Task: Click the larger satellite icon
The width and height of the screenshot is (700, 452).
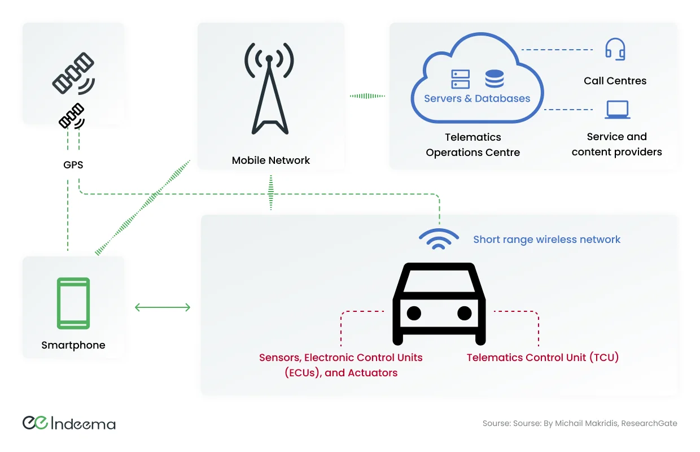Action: pyautogui.click(x=73, y=73)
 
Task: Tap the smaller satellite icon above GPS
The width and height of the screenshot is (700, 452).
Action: pyautogui.click(x=72, y=116)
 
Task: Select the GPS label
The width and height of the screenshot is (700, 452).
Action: pyautogui.click(x=73, y=165)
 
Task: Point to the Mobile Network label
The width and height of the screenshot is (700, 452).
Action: pyautogui.click(x=271, y=160)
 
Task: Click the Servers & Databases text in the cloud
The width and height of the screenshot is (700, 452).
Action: pyautogui.click(x=477, y=98)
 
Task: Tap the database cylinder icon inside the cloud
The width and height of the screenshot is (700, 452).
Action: pyautogui.click(x=494, y=79)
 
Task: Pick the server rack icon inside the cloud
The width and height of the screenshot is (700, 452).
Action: pyautogui.click(x=460, y=79)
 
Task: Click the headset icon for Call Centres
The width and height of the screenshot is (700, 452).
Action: pyautogui.click(x=615, y=49)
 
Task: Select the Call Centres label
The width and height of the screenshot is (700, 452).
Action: pyautogui.click(x=615, y=81)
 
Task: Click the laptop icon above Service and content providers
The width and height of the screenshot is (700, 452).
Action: pyautogui.click(x=617, y=110)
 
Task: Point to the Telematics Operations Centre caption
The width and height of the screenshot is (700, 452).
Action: pyautogui.click(x=473, y=145)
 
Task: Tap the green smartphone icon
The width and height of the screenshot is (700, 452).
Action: pyautogui.click(x=73, y=303)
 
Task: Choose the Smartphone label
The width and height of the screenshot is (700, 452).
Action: pyautogui.click(x=73, y=345)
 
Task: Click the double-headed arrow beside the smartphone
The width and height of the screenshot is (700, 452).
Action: pyautogui.click(x=163, y=307)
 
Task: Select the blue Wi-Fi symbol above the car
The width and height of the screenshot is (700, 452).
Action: pyautogui.click(x=439, y=240)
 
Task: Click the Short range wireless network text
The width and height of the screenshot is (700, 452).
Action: pyautogui.click(x=546, y=240)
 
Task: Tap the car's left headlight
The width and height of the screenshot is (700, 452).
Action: pyautogui.click(x=414, y=312)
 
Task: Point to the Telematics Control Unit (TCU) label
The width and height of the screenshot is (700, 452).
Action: pyautogui.click(x=542, y=358)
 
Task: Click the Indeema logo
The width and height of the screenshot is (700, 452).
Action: pyautogui.click(x=69, y=423)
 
